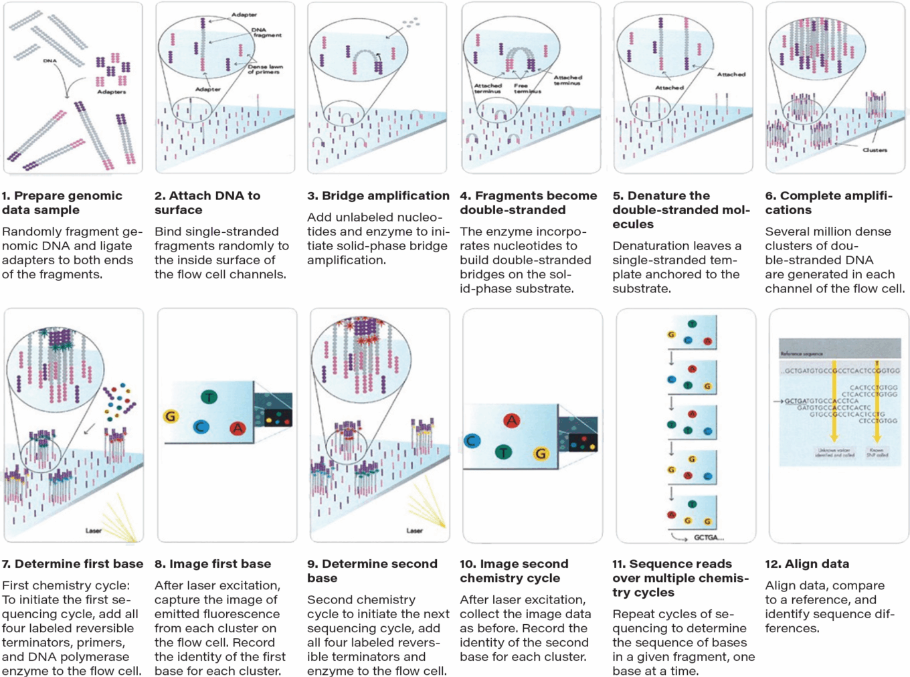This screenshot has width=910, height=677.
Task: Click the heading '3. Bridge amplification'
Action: pos(378,196)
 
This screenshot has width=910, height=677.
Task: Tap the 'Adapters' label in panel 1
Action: pos(111,92)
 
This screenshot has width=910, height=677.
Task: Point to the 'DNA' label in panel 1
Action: pos(50,61)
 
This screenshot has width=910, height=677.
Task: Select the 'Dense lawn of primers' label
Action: pos(265,69)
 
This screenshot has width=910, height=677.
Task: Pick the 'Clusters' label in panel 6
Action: pos(875,150)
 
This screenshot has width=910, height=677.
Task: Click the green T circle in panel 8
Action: pos(209,397)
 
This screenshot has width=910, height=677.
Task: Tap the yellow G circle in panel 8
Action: pos(171,416)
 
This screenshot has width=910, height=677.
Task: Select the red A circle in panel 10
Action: pos(511,420)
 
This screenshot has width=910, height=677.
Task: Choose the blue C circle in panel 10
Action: pos(472,441)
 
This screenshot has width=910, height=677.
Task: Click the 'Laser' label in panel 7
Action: pos(94,530)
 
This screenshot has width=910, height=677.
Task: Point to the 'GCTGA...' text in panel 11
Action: pos(709,537)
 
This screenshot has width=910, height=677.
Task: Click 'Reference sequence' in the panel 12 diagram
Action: pos(801,353)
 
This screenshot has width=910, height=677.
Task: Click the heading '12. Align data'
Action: pos(807,564)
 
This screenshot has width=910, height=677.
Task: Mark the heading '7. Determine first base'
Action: pos(72,564)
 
